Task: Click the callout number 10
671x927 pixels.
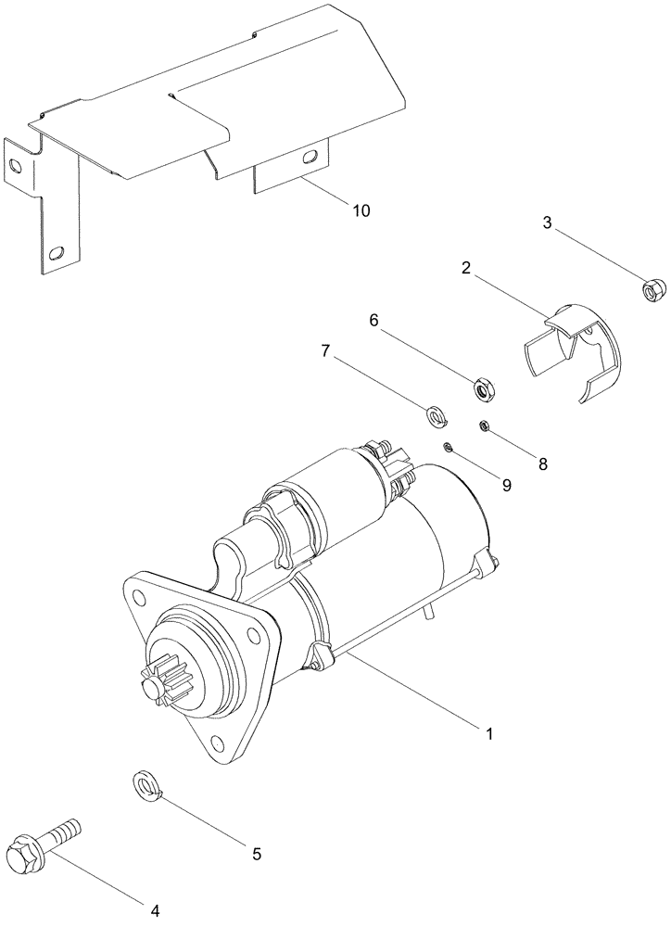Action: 361,210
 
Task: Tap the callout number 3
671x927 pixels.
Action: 547,222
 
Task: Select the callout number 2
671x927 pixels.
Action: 465,268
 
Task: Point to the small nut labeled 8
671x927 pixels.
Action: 484,425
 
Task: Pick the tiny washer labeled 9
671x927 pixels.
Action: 448,448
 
